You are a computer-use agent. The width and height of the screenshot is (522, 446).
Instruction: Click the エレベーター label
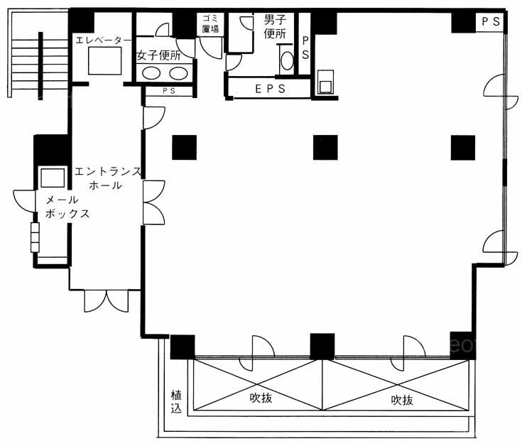pyautogui.click(x=104, y=40)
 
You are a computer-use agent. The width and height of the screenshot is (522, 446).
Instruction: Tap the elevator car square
pyautogui.click(x=105, y=60)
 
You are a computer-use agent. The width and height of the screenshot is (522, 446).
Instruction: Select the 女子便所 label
pyautogui.click(x=159, y=55)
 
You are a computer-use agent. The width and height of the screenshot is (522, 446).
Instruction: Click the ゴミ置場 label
pyautogui.click(x=210, y=23)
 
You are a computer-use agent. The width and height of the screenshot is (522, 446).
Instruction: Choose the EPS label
pyautogui.click(x=271, y=89)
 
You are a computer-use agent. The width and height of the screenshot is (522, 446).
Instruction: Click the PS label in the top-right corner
pyautogui.click(x=491, y=21)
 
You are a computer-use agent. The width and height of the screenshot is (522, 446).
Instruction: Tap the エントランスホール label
pyautogui.click(x=107, y=178)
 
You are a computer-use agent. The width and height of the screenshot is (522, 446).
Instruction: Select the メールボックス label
pyautogui.click(x=67, y=207)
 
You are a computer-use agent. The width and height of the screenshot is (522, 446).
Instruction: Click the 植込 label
pyautogui.click(x=176, y=401)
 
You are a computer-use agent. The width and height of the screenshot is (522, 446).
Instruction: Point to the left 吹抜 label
pyautogui.click(x=261, y=398)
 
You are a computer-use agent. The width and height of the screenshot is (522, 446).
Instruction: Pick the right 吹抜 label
pyautogui.click(x=402, y=400)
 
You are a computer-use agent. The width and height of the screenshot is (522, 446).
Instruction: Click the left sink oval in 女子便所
pyautogui.click(x=151, y=73)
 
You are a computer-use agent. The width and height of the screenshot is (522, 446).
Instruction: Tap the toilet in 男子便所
pyautogui.click(x=287, y=60)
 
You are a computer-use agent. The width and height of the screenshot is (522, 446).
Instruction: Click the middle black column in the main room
pyautogui.click(x=325, y=148)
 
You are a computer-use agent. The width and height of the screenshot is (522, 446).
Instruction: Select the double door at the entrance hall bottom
pyautogui.click(x=107, y=301)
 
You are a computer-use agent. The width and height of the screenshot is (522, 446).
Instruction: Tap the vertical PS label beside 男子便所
pyautogui.click(x=305, y=48)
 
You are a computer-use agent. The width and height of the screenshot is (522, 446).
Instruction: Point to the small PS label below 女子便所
pyautogui.click(x=169, y=91)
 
